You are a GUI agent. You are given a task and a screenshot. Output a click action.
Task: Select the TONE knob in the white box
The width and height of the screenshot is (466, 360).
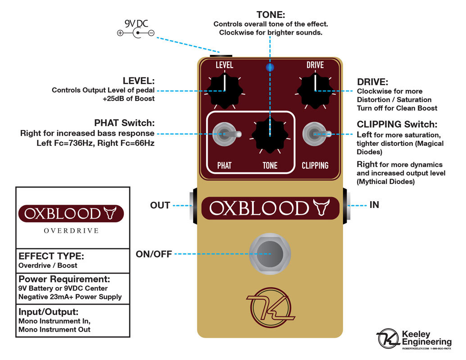point(270,135)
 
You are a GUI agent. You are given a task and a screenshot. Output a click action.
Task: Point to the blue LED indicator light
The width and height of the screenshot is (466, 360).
point(270,67)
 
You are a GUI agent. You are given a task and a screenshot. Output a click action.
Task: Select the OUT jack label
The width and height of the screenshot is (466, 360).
point(160,206)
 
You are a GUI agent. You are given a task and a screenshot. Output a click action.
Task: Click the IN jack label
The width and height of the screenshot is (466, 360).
point(374,205)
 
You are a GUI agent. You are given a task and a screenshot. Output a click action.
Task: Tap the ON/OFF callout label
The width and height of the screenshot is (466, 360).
point(154,254)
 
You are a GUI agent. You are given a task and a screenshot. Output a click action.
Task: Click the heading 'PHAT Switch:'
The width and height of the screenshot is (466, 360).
point(124,123)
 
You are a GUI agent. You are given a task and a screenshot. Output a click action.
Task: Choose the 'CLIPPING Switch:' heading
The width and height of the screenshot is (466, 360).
point(397,124)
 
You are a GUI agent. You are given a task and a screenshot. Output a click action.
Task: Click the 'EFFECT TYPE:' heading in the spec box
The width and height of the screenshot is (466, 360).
point(51,256)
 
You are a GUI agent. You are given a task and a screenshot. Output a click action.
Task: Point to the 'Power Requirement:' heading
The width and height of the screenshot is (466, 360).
point(64,279)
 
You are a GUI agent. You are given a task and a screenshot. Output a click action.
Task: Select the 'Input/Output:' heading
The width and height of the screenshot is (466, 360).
point(49,312)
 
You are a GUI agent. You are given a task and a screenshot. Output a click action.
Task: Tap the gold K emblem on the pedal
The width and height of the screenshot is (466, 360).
point(270,309)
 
